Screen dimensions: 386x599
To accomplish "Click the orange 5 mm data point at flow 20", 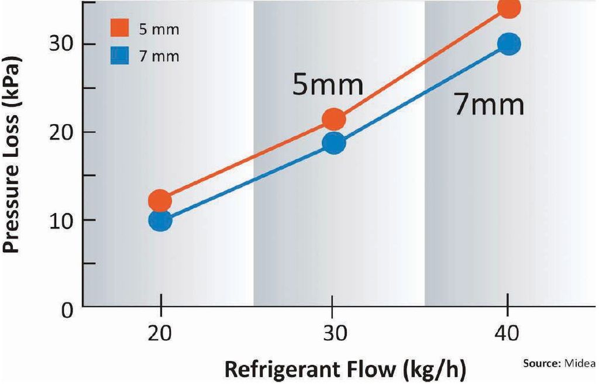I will (160, 201).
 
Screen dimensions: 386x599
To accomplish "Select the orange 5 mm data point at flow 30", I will (333, 119).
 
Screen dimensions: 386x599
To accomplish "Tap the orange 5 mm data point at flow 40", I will (508, 8).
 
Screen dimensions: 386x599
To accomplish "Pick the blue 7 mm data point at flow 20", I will (160, 220).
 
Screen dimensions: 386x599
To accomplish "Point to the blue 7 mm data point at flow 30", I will (333, 143).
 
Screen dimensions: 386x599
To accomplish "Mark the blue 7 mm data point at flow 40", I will (508, 44).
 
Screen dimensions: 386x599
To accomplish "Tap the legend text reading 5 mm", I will (158, 29).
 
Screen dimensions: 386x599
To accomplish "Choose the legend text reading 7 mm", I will (158, 57).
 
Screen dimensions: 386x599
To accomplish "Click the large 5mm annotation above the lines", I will (328, 85).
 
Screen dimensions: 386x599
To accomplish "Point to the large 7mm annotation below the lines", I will (489, 105).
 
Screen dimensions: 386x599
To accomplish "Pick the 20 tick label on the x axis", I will (160, 333).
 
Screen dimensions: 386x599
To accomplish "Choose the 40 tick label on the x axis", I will (507, 333).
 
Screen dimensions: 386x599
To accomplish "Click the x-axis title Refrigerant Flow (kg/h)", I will (346, 370).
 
